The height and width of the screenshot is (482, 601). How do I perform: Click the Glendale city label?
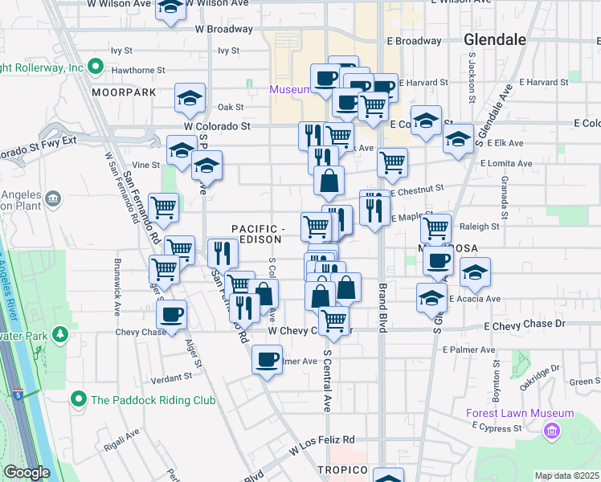point(495,39)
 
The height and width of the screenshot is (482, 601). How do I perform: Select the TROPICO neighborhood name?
point(341,469)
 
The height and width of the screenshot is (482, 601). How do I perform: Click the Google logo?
point(27,472)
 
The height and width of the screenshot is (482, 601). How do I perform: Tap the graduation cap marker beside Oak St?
point(190,98)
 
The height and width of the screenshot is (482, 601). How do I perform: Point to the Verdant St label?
point(170,375)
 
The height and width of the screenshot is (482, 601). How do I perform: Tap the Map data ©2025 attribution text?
point(566,476)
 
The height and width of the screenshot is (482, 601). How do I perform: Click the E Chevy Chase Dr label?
point(525,324)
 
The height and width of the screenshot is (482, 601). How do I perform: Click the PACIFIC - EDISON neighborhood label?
point(257,234)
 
